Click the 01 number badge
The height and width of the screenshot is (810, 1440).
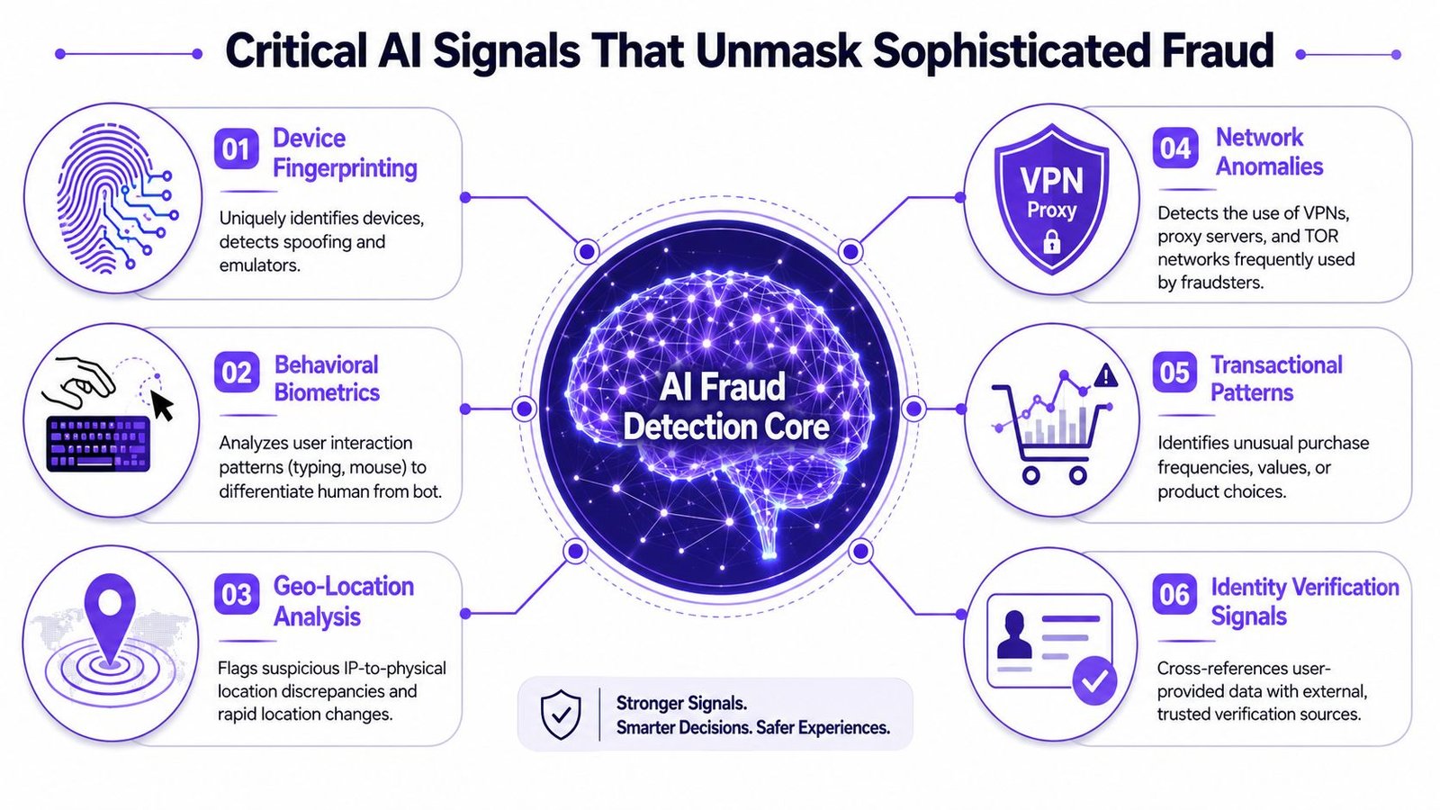[x=236, y=148]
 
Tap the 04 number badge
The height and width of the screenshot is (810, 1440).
[x=1175, y=148]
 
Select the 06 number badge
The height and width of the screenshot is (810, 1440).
[x=1174, y=594]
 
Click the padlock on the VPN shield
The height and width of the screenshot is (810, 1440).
[x=1052, y=242]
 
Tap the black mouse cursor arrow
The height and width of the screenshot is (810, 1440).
[x=162, y=406]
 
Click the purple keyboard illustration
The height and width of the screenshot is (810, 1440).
[x=98, y=444]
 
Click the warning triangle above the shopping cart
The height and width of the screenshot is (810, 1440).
[x=1106, y=375]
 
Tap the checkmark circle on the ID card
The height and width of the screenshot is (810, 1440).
[x=1094, y=680]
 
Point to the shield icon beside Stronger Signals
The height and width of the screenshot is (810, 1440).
[x=562, y=715]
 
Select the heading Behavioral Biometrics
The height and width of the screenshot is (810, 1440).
[x=327, y=378]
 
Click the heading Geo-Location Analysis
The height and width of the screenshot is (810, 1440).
[x=343, y=601]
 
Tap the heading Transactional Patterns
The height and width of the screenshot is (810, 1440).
[x=1276, y=378]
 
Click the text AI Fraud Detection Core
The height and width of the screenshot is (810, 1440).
[x=725, y=407]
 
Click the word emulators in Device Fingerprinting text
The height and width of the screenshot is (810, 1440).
[x=259, y=265]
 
